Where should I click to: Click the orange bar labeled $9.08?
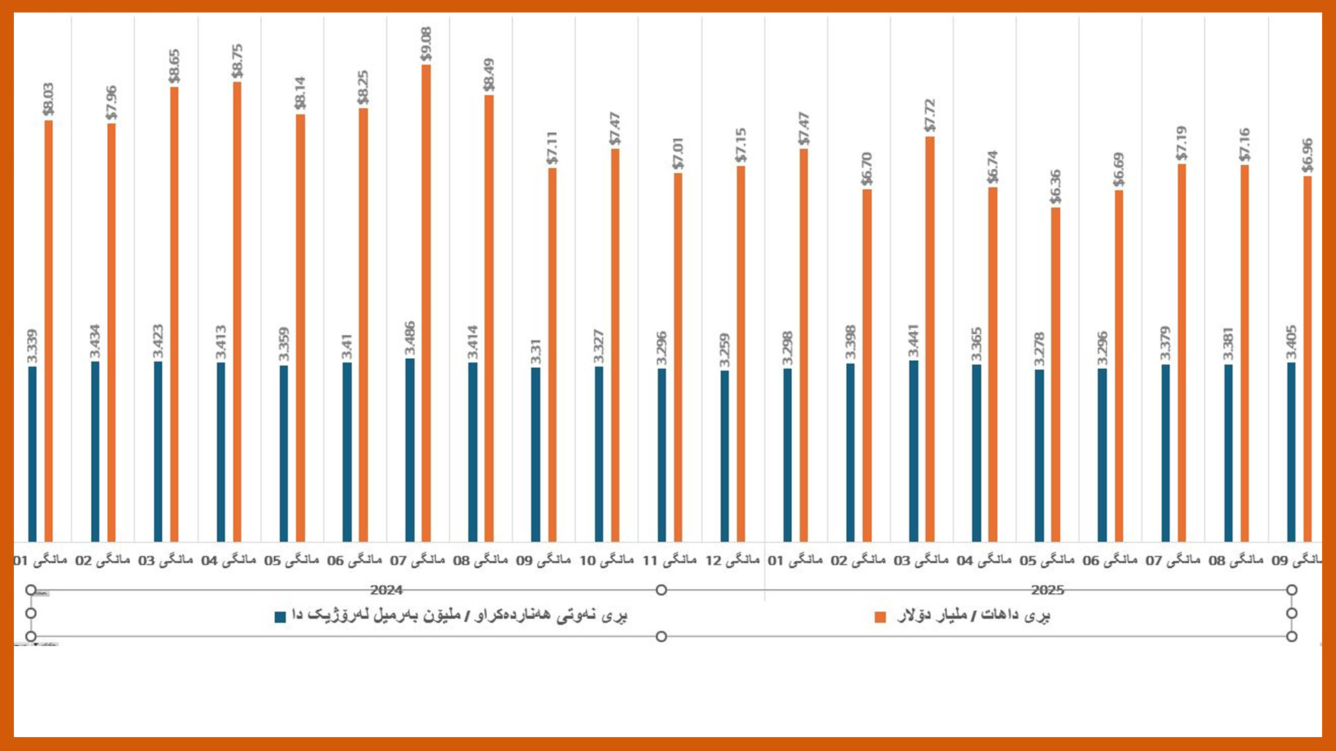pos(426,302)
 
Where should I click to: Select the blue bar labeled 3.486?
pos(410,450)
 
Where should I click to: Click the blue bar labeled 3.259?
pos(724,455)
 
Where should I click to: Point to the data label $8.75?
pos(237,61)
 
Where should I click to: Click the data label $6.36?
pos(1056,186)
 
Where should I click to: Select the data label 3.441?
pos(914,341)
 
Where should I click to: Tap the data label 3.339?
pos(32,346)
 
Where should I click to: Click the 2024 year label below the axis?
pos(386,590)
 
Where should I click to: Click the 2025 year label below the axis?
pos(1047,590)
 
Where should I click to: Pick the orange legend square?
pos(880,617)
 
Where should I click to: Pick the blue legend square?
pos(280,617)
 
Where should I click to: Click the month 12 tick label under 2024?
pos(732,560)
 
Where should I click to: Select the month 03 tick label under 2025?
pos(921,560)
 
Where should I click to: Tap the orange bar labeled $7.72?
pos(930,339)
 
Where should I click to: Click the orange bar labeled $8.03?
pos(49,331)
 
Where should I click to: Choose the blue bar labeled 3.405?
pos(1291,452)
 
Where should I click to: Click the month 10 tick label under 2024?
pos(606,560)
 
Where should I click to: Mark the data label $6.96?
pos(1307,156)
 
